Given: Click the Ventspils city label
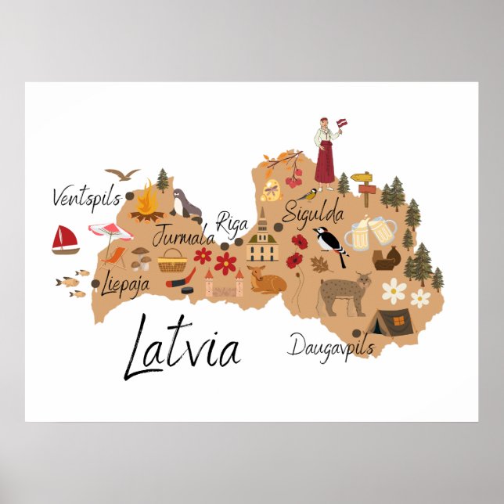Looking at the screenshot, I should click(x=83, y=197).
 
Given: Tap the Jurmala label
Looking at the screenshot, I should click(x=183, y=234).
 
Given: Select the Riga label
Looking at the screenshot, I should click(x=232, y=223).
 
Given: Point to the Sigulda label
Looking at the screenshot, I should click(x=313, y=212).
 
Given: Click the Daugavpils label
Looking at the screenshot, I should click(x=331, y=345).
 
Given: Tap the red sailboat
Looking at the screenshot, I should click(x=65, y=240).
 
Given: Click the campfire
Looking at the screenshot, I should click(x=146, y=203).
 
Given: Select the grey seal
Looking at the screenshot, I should click(x=186, y=204).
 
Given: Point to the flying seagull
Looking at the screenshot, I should click(x=123, y=174).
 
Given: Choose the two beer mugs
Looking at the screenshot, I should click(x=370, y=232).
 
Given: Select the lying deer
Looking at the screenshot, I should click(x=264, y=279).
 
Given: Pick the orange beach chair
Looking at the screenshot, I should click(x=114, y=258).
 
